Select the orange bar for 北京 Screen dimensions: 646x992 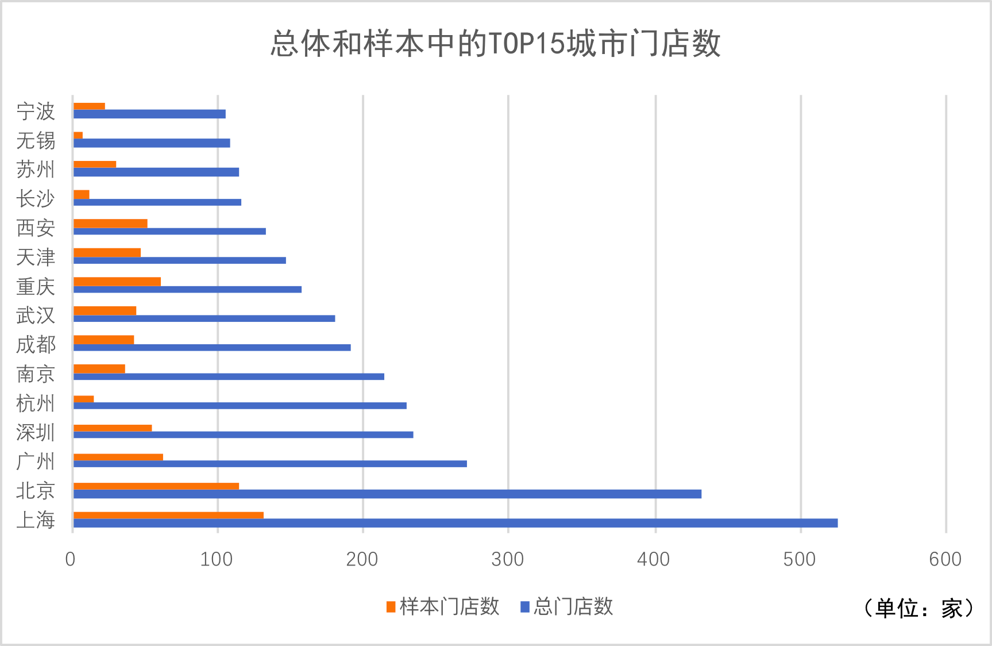(x=156, y=486)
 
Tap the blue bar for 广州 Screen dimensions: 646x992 (x=270, y=464)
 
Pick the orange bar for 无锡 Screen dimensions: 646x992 (x=78, y=136)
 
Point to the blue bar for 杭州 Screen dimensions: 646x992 (x=240, y=406)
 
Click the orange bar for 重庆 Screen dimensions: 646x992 (x=117, y=282)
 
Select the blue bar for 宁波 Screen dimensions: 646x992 (x=149, y=114)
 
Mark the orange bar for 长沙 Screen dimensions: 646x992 (x=82, y=194)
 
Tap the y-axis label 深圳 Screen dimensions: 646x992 (x=36, y=433)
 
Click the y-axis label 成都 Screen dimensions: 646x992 (x=36, y=345)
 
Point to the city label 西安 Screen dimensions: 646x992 (x=36, y=228)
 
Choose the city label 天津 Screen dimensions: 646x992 (x=36, y=257)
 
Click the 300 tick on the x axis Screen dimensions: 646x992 (x=508, y=559)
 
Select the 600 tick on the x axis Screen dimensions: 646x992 (x=945, y=559)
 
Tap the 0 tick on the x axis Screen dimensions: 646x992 (x=70, y=559)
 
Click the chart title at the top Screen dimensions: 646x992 (x=495, y=44)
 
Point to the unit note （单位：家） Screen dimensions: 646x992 (x=919, y=608)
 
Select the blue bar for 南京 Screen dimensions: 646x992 (x=229, y=377)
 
